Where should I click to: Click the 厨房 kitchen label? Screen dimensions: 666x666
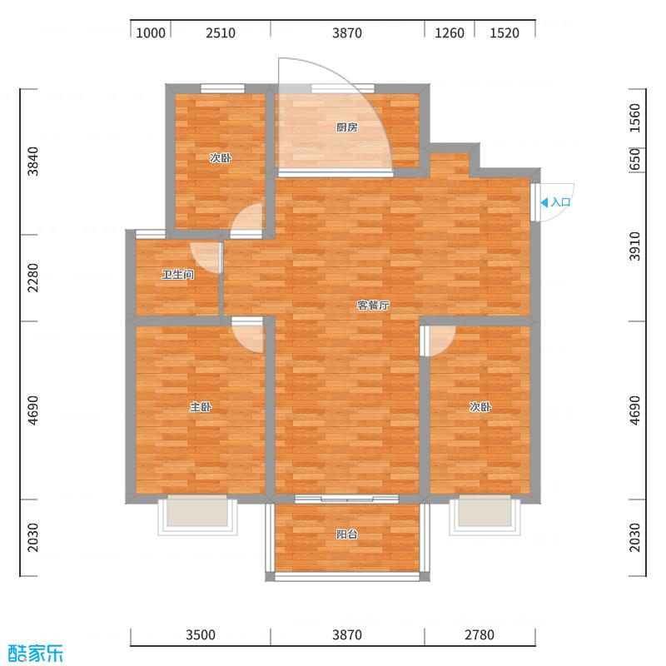(347, 127)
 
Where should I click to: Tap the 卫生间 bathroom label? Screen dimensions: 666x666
(177, 274)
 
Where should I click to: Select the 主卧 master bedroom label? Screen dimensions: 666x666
(200, 407)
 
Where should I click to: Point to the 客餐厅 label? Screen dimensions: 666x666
(373, 306)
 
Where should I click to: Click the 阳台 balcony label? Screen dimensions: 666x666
(347, 534)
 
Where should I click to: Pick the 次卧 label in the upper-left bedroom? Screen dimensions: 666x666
(220, 157)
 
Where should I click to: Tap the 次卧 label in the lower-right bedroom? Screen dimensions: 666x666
(480, 407)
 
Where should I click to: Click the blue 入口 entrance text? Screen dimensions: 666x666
(561, 202)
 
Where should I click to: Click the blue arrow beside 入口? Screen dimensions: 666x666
(544, 202)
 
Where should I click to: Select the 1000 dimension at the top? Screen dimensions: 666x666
(152, 33)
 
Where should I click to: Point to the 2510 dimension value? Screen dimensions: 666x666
(221, 33)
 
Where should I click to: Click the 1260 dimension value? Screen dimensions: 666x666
(449, 33)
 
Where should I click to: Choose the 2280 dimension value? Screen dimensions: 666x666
(33, 277)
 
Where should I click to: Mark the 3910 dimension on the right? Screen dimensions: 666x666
(634, 246)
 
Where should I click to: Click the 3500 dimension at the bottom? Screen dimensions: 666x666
(200, 635)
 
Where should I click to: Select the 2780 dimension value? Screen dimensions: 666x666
(479, 635)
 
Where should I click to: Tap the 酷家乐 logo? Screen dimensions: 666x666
(35, 653)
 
